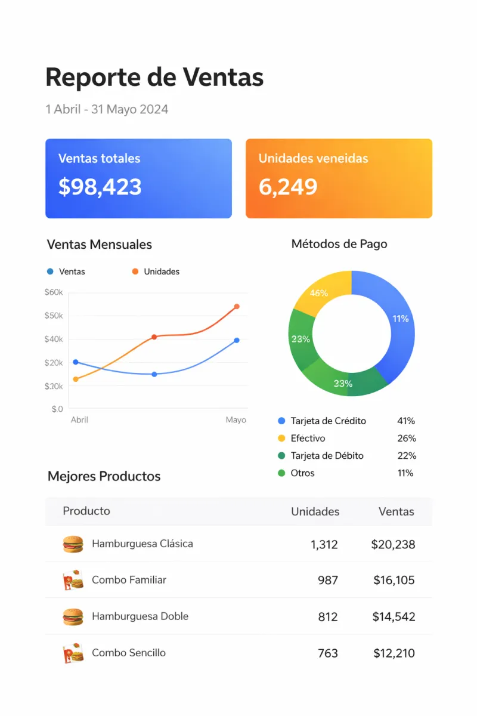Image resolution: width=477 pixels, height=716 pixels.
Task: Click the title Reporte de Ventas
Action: click(x=154, y=78)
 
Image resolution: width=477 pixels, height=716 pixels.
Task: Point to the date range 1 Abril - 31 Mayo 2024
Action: click(x=107, y=110)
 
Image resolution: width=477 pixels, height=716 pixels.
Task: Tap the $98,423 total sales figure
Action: click(x=100, y=187)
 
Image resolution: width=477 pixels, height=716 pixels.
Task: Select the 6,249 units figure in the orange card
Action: click(x=288, y=187)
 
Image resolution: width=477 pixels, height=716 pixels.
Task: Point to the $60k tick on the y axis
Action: click(x=53, y=292)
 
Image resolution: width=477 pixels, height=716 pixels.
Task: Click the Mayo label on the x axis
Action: click(x=236, y=420)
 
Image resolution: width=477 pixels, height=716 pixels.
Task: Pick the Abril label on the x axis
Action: click(x=79, y=420)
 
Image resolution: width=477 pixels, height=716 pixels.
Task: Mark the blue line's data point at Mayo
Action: click(x=237, y=340)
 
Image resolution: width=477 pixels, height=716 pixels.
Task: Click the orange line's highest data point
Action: click(x=237, y=307)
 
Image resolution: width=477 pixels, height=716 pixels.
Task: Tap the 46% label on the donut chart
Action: click(x=319, y=293)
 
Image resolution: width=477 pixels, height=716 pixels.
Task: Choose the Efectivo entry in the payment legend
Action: click(x=308, y=439)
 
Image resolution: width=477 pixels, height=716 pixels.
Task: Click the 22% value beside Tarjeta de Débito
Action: click(x=407, y=456)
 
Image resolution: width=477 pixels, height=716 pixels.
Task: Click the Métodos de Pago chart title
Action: click(x=339, y=244)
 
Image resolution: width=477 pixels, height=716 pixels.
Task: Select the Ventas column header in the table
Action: click(x=396, y=511)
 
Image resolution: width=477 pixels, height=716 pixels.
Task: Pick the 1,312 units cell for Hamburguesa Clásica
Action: click(x=324, y=544)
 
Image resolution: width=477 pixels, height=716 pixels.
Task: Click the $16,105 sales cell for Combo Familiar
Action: click(x=394, y=580)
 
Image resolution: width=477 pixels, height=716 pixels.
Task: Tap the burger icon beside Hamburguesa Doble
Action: click(x=73, y=616)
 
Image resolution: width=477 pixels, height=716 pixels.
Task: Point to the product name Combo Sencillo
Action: click(x=129, y=653)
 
